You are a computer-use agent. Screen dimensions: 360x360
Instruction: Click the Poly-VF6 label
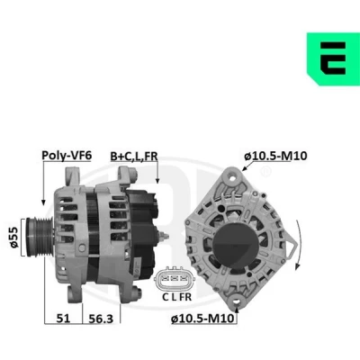coord(67,155)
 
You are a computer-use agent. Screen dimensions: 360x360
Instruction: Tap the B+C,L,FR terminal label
coord(134,157)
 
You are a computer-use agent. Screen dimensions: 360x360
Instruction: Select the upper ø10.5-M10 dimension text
coord(275,156)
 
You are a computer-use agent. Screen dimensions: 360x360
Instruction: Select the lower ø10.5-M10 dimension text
coord(202,319)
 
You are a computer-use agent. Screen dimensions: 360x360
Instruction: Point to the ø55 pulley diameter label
coord(14,238)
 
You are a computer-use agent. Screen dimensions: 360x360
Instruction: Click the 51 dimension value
coord(63,319)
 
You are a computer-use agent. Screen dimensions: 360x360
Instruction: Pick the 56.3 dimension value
coord(101,319)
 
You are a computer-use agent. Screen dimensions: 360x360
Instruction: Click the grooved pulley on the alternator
coord(39,238)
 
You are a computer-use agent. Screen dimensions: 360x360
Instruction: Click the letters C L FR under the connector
coord(176,297)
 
